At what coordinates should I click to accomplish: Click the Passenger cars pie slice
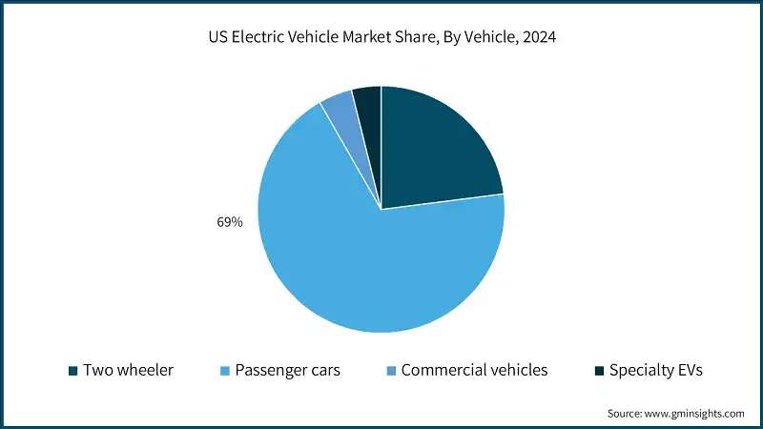[x=362, y=257]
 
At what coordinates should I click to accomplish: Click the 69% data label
[x=230, y=222]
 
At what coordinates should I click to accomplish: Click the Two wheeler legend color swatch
[x=73, y=370]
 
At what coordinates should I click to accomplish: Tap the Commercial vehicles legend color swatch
[x=391, y=370]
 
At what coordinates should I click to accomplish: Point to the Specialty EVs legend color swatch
[x=598, y=370]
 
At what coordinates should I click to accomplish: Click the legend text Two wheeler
[x=128, y=370]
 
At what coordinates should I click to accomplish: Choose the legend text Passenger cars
[x=288, y=370]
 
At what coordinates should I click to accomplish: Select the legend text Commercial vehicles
[x=474, y=370]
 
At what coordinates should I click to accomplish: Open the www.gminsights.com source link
[x=695, y=413]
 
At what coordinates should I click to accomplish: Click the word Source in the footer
[x=626, y=413]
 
